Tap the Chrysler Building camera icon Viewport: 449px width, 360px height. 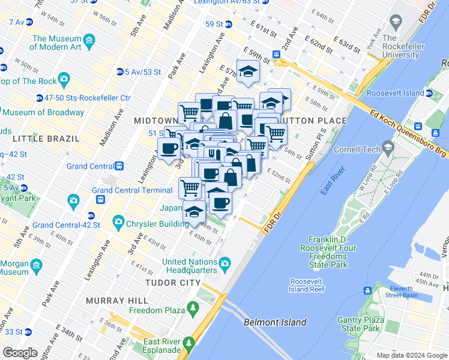(118, 222)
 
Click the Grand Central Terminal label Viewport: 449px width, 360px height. (132, 190)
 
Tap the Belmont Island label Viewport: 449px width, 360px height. (275, 322)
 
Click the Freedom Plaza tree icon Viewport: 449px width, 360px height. (193, 309)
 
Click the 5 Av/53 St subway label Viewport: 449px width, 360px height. (143, 72)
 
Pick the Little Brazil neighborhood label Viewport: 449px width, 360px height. (46, 138)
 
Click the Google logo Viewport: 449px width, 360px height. (20, 353)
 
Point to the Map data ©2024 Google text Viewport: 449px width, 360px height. (411, 355)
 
